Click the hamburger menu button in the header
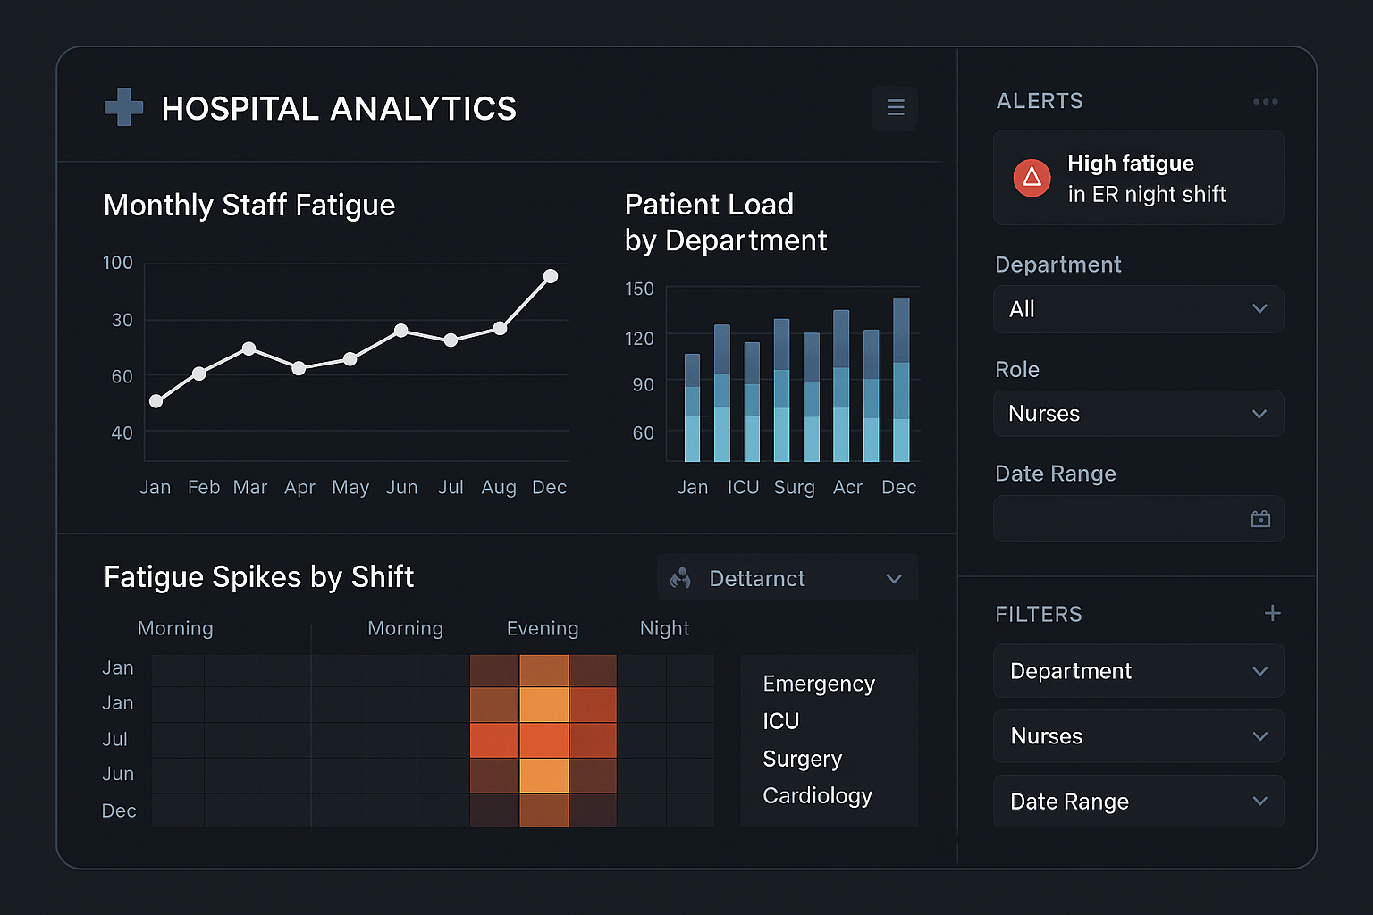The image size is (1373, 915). (x=895, y=107)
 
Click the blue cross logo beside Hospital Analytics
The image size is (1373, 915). (x=123, y=107)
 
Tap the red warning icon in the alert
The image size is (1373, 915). (x=1032, y=178)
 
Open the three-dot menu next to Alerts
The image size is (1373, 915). (x=1265, y=102)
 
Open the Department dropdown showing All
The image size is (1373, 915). (x=1138, y=309)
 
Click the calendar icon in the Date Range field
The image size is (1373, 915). (x=1260, y=519)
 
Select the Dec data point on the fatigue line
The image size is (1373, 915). (x=551, y=276)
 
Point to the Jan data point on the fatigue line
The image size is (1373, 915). (x=156, y=401)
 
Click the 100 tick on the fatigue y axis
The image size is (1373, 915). (x=118, y=263)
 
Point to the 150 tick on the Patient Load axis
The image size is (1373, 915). (x=639, y=290)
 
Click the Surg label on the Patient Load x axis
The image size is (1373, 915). (x=794, y=487)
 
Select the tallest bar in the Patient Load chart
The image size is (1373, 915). (x=901, y=380)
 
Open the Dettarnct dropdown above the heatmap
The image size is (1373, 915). (x=787, y=578)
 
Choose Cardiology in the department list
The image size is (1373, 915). (x=817, y=796)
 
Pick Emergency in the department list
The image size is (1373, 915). (x=818, y=684)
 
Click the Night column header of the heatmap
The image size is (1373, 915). (x=664, y=628)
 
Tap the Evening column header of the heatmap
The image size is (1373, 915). (x=543, y=628)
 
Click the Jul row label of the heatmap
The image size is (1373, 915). (x=115, y=739)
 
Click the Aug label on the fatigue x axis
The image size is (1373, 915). (x=499, y=487)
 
